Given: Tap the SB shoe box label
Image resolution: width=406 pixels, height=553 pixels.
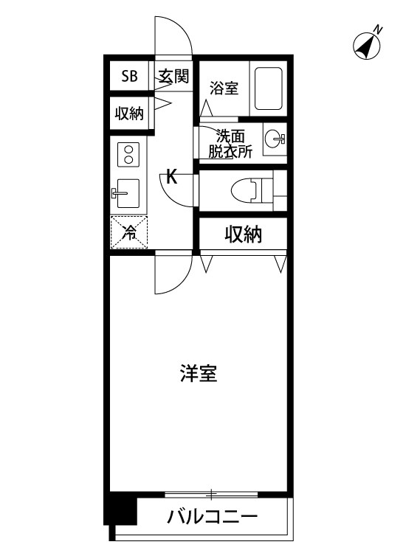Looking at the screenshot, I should pyautogui.click(x=130, y=76).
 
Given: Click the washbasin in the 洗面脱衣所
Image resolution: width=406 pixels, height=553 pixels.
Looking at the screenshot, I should pyautogui.click(x=275, y=137).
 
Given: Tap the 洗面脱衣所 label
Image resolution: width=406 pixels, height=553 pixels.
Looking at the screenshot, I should pyautogui.click(x=230, y=144).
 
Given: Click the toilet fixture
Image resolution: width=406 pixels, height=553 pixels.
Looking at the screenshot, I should pyautogui.click(x=250, y=189).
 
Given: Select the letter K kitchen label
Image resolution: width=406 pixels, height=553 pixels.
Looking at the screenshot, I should pyautogui.click(x=171, y=177).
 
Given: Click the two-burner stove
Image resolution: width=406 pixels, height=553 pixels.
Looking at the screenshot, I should pyautogui.click(x=129, y=156).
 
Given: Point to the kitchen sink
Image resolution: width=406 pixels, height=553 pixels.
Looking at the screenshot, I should pyautogui.click(x=128, y=193).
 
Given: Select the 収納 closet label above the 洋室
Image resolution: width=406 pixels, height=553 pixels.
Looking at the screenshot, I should pyautogui.click(x=243, y=235).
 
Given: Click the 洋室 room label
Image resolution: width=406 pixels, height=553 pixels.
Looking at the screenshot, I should pyautogui.click(x=198, y=373).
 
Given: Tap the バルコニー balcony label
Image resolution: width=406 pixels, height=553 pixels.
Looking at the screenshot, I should pyautogui.click(x=210, y=516).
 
